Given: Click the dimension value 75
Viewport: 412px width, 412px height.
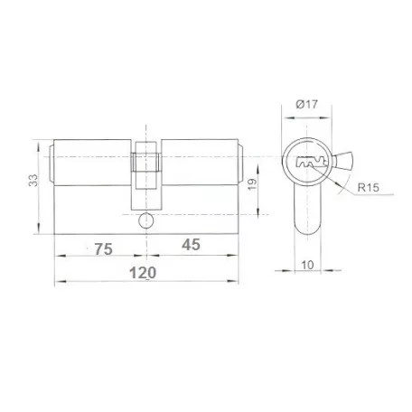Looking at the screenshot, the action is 104,249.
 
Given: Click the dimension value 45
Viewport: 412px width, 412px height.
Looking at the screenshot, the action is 191,245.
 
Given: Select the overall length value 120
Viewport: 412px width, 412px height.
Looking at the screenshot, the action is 143,273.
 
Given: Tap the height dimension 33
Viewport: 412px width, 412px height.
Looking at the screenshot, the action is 33,180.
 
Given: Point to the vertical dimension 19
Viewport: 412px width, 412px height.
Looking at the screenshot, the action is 252,184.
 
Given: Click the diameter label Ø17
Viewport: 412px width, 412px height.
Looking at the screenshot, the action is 307,104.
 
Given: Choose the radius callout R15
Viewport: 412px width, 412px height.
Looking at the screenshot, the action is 368,188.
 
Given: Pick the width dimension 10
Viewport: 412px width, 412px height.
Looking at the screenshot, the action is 307,266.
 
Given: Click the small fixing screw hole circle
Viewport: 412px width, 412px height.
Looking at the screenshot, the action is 146,220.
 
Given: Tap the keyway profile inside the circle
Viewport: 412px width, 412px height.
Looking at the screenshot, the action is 312,163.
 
